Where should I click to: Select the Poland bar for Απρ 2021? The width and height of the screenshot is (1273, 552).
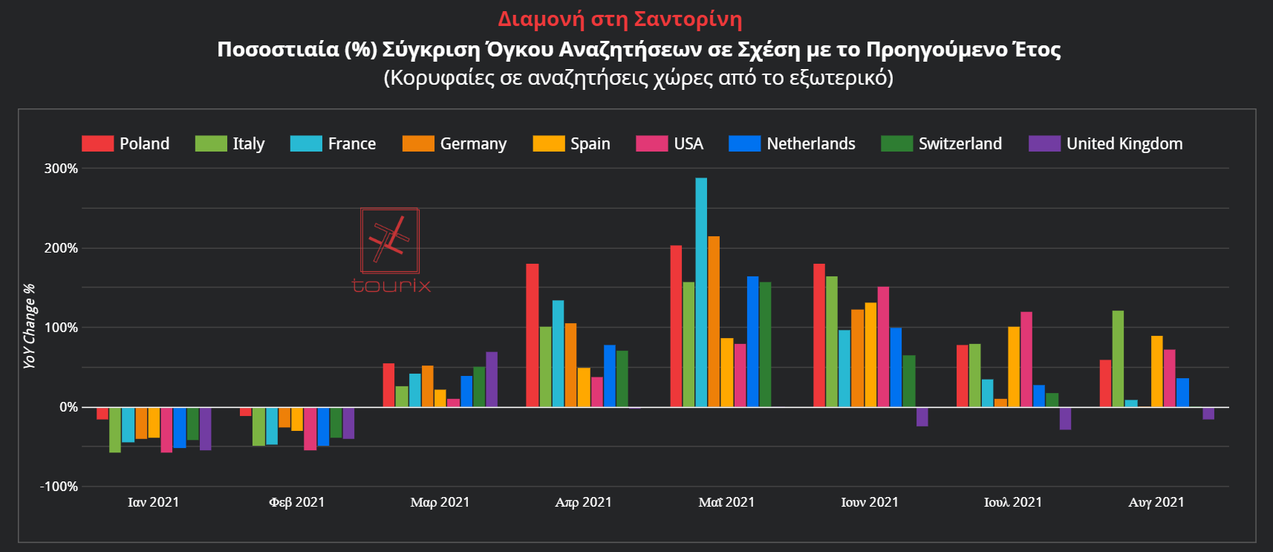533,335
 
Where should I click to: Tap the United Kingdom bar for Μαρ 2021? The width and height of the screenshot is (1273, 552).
492,379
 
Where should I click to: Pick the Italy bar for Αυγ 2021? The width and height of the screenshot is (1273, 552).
1118,359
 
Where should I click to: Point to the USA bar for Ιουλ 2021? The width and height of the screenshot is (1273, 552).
1026,359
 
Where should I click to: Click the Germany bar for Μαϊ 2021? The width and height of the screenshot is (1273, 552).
714,321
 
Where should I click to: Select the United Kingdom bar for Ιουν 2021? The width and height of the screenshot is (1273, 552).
922,417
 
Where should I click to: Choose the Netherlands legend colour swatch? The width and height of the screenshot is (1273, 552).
744,143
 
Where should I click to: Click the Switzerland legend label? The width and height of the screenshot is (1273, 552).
960,143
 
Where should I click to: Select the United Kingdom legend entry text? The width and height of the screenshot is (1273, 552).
1124,143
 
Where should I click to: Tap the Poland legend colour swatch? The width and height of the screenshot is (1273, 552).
97,143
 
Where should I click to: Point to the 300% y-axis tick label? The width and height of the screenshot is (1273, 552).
61,169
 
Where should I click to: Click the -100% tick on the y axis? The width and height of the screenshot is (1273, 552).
59,487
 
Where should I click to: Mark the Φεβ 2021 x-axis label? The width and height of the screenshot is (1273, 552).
297,502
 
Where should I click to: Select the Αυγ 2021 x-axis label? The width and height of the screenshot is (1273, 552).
1156,502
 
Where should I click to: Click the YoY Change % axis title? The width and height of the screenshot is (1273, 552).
29,326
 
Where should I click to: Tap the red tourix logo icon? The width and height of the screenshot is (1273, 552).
390,241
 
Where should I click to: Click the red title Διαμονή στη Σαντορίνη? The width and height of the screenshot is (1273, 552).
619,19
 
